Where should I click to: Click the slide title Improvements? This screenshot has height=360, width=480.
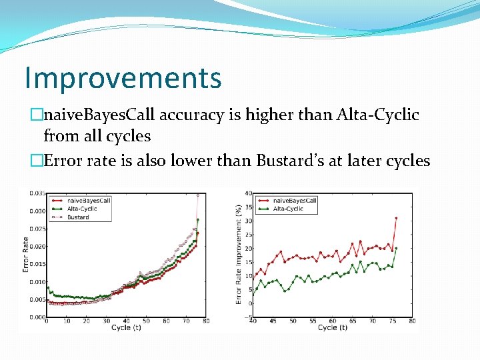pos(123,77)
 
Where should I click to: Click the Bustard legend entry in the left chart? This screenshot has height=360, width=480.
pos(78,217)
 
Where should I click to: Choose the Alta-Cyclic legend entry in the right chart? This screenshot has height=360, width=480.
pos(288,209)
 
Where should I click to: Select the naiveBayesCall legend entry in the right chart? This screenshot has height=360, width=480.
pos(294,200)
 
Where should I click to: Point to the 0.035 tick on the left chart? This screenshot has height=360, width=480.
pos(37,193)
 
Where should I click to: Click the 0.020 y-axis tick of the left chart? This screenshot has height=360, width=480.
pos(37,247)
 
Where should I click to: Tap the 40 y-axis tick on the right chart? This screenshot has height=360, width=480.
pos(247,193)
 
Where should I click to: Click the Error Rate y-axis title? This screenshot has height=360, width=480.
pos(25,255)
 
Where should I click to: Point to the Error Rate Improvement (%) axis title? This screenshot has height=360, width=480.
pos(239,255)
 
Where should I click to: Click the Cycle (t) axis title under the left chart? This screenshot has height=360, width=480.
pos(125,328)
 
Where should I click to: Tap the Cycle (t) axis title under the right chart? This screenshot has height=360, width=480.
pos(332,328)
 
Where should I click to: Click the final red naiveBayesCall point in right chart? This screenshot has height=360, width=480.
pos(396,218)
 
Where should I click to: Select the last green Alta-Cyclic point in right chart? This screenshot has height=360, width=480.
pos(396,248)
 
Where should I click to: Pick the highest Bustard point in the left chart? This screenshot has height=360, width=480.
pos(197,195)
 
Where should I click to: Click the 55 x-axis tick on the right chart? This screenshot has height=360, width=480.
pos(312,321)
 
